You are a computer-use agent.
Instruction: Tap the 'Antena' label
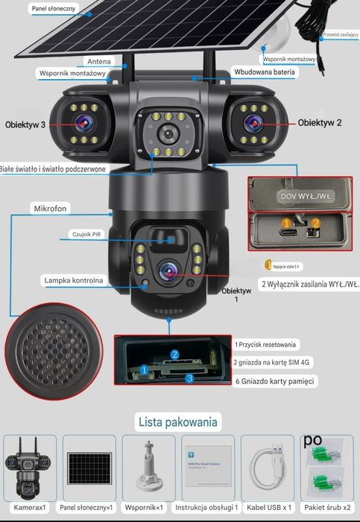(99, 61)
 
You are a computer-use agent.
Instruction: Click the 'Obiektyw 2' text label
(320, 122)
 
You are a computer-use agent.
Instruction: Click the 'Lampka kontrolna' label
(74, 280)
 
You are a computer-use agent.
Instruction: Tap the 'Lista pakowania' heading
(178, 422)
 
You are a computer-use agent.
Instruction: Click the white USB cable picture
(269, 467)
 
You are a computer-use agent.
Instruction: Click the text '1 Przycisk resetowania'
(266, 345)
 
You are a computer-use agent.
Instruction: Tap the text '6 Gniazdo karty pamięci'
(273, 381)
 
